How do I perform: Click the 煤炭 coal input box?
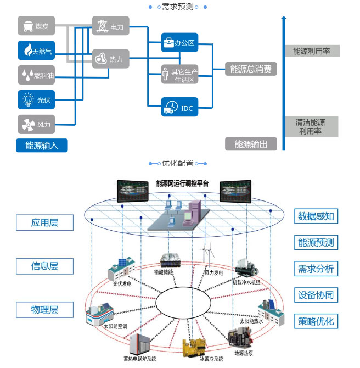36,26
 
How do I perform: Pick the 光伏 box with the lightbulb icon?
36,99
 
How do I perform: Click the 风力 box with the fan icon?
36,124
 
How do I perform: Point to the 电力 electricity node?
110,26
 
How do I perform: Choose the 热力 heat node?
110,59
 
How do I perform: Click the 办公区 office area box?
179,42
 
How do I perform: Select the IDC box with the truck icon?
179,107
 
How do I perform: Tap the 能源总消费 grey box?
251,69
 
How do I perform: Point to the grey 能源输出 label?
251,144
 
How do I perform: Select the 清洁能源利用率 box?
310,127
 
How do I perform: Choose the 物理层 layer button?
44,309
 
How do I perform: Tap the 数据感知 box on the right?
316,216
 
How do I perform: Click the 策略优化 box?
316,321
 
